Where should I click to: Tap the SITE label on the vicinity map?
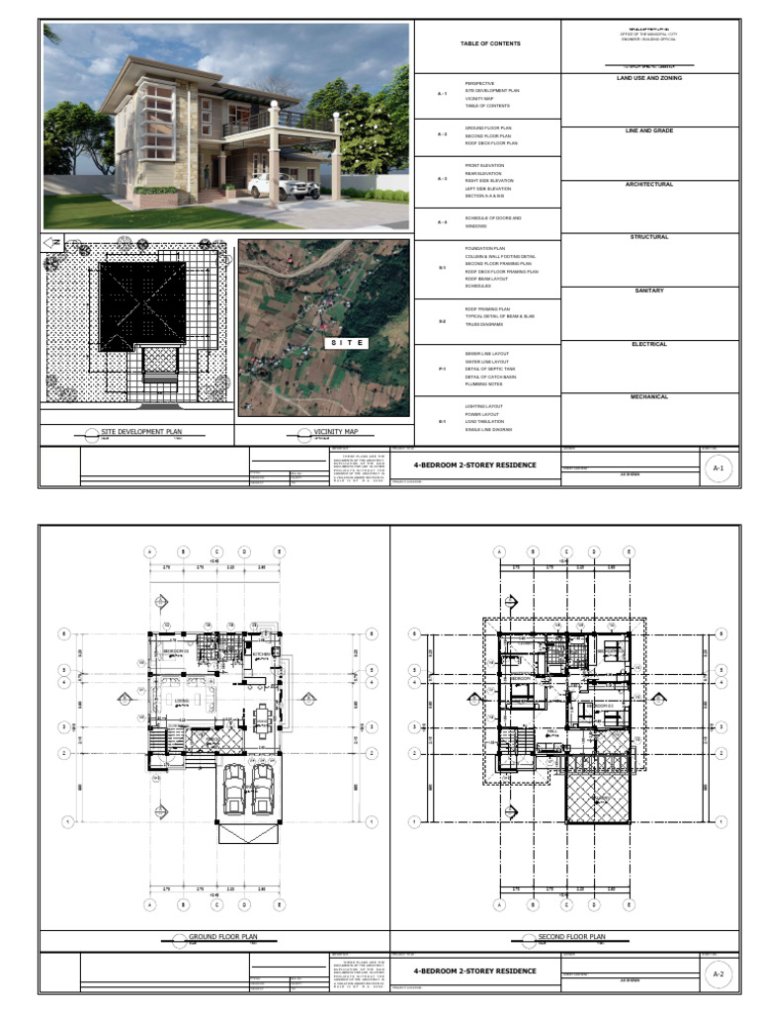point(347,343)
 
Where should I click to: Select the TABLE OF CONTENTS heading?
point(489,43)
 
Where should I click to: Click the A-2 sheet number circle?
point(718,973)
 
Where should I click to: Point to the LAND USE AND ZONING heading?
point(649,78)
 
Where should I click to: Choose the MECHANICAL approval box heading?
point(649,397)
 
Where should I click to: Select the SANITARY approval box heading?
point(649,291)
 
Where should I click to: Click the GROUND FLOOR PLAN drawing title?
point(215,937)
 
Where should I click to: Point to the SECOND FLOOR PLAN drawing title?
point(572,937)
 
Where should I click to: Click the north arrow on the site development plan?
point(53,241)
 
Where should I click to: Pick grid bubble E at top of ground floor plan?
point(280,551)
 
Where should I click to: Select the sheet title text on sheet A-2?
point(475,970)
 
